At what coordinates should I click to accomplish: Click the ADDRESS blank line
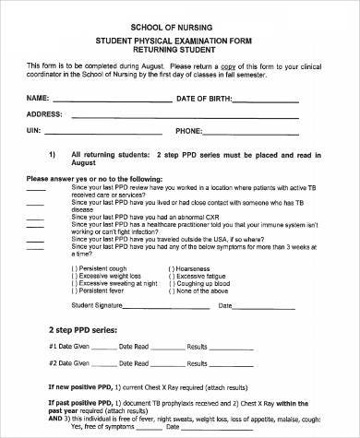tap(194, 116)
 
